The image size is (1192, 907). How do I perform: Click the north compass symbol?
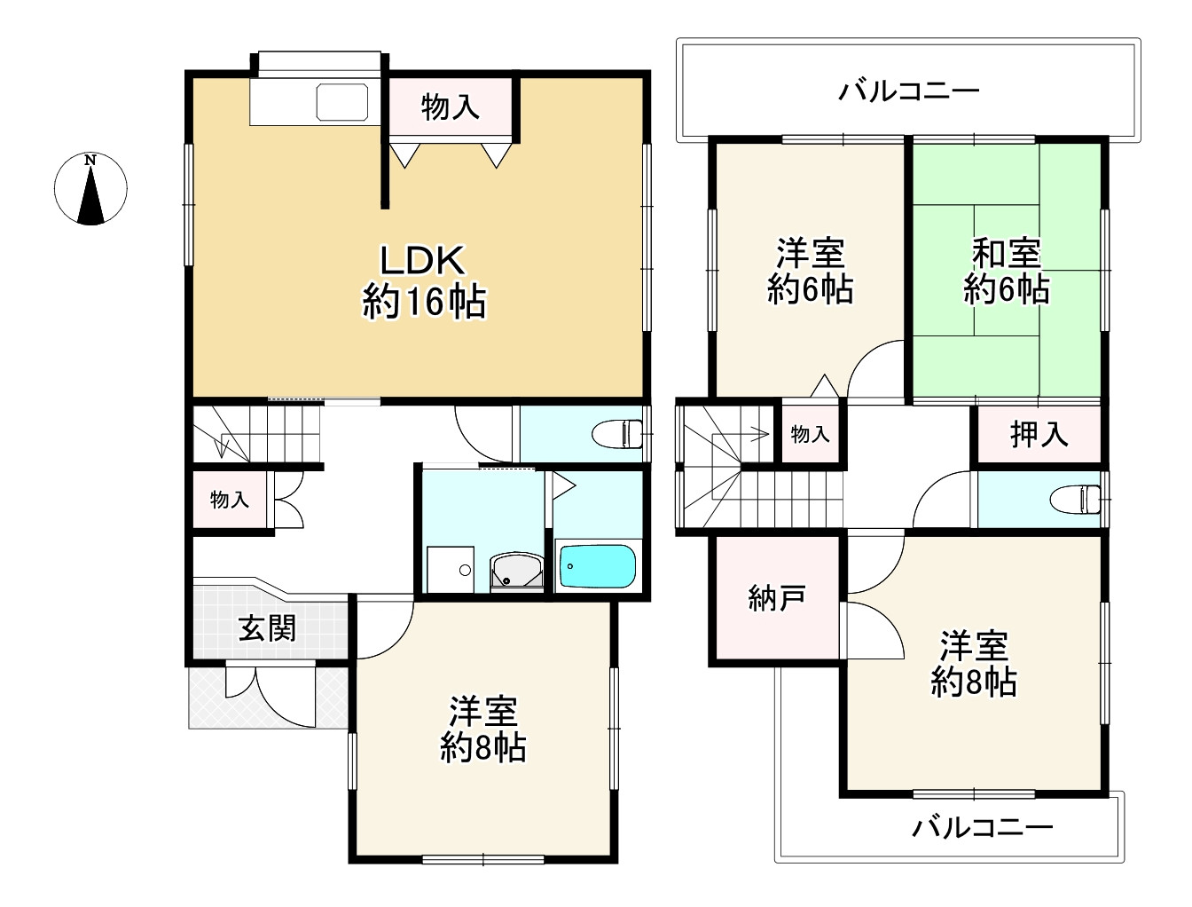(90, 188)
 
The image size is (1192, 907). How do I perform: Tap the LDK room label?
(422, 262)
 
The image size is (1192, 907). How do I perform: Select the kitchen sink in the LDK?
(342, 102)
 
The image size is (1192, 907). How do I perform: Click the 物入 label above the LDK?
(451, 107)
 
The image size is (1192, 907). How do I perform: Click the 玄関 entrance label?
(267, 629)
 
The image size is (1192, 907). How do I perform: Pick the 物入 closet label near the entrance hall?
(229, 500)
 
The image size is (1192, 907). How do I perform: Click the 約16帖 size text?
(424, 303)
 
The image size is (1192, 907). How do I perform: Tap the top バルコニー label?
(909, 91)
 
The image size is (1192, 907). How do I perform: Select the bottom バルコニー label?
(983, 828)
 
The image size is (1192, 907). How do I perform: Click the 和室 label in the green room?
(1007, 254)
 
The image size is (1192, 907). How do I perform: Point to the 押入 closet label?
(1039, 434)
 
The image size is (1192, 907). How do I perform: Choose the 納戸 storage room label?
(777, 598)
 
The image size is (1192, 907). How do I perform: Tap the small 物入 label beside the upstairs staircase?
(810, 434)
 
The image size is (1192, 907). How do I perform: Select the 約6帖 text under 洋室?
(810, 290)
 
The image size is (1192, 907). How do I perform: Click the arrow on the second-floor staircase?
(754, 434)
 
